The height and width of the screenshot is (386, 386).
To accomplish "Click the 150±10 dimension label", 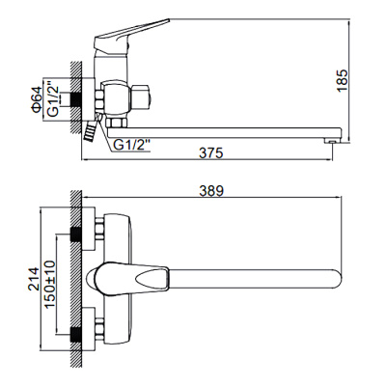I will (48, 282).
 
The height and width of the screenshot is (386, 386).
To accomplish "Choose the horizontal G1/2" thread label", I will (134, 146).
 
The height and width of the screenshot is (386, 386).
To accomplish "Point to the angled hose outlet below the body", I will (92, 131).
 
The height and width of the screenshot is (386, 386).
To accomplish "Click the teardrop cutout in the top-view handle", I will (153, 279).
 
